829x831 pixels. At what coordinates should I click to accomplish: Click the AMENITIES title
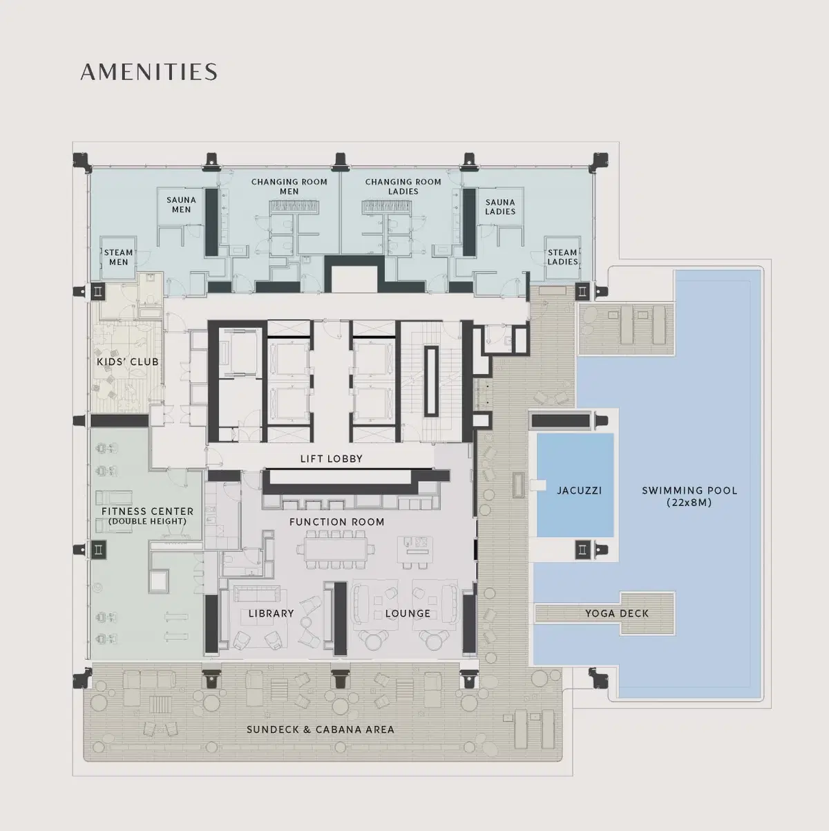[x=149, y=72]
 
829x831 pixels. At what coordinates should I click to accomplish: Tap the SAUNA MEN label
[x=181, y=205]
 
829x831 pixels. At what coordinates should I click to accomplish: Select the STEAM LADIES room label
[x=562, y=257]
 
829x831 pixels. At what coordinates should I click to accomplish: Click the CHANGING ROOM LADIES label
[x=403, y=187]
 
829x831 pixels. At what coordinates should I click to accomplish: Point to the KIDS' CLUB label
[x=128, y=362]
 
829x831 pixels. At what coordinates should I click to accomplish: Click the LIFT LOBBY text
[x=332, y=459]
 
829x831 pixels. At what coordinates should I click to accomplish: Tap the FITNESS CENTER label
[x=147, y=512]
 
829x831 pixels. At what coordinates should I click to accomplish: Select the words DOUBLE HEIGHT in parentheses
[x=147, y=521]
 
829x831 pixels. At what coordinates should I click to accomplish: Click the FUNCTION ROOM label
[x=336, y=522]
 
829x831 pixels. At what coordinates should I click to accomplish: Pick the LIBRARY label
[x=271, y=613]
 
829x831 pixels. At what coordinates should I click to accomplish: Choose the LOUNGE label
[x=408, y=613]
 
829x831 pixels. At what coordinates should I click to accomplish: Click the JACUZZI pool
[x=575, y=485]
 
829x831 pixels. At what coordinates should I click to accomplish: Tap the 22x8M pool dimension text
[x=689, y=503]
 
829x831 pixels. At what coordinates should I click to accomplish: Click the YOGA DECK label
[x=617, y=613]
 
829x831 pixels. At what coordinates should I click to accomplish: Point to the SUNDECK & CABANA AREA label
[x=321, y=729]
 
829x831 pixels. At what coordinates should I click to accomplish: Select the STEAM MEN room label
[x=119, y=257]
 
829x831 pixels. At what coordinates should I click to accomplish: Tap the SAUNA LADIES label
[x=500, y=207]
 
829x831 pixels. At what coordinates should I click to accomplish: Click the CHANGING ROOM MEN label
[x=289, y=187]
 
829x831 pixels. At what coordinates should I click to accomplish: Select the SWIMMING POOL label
[x=689, y=490]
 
